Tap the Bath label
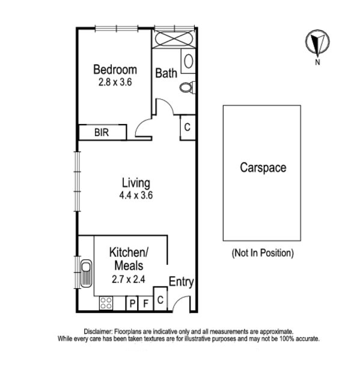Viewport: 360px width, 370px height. coord(166,73)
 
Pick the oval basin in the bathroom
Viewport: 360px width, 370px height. coord(188,62)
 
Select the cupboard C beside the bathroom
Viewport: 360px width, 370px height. coord(187,127)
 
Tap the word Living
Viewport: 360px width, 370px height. coord(135,183)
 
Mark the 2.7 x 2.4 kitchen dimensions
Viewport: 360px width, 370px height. coord(129,279)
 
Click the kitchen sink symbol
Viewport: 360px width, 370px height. coord(85,274)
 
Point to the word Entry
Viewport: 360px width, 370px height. coord(180,282)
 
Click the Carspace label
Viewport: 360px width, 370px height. coord(263,167)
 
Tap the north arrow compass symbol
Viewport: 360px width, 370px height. coord(316,43)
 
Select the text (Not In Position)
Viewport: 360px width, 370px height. coord(263,253)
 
